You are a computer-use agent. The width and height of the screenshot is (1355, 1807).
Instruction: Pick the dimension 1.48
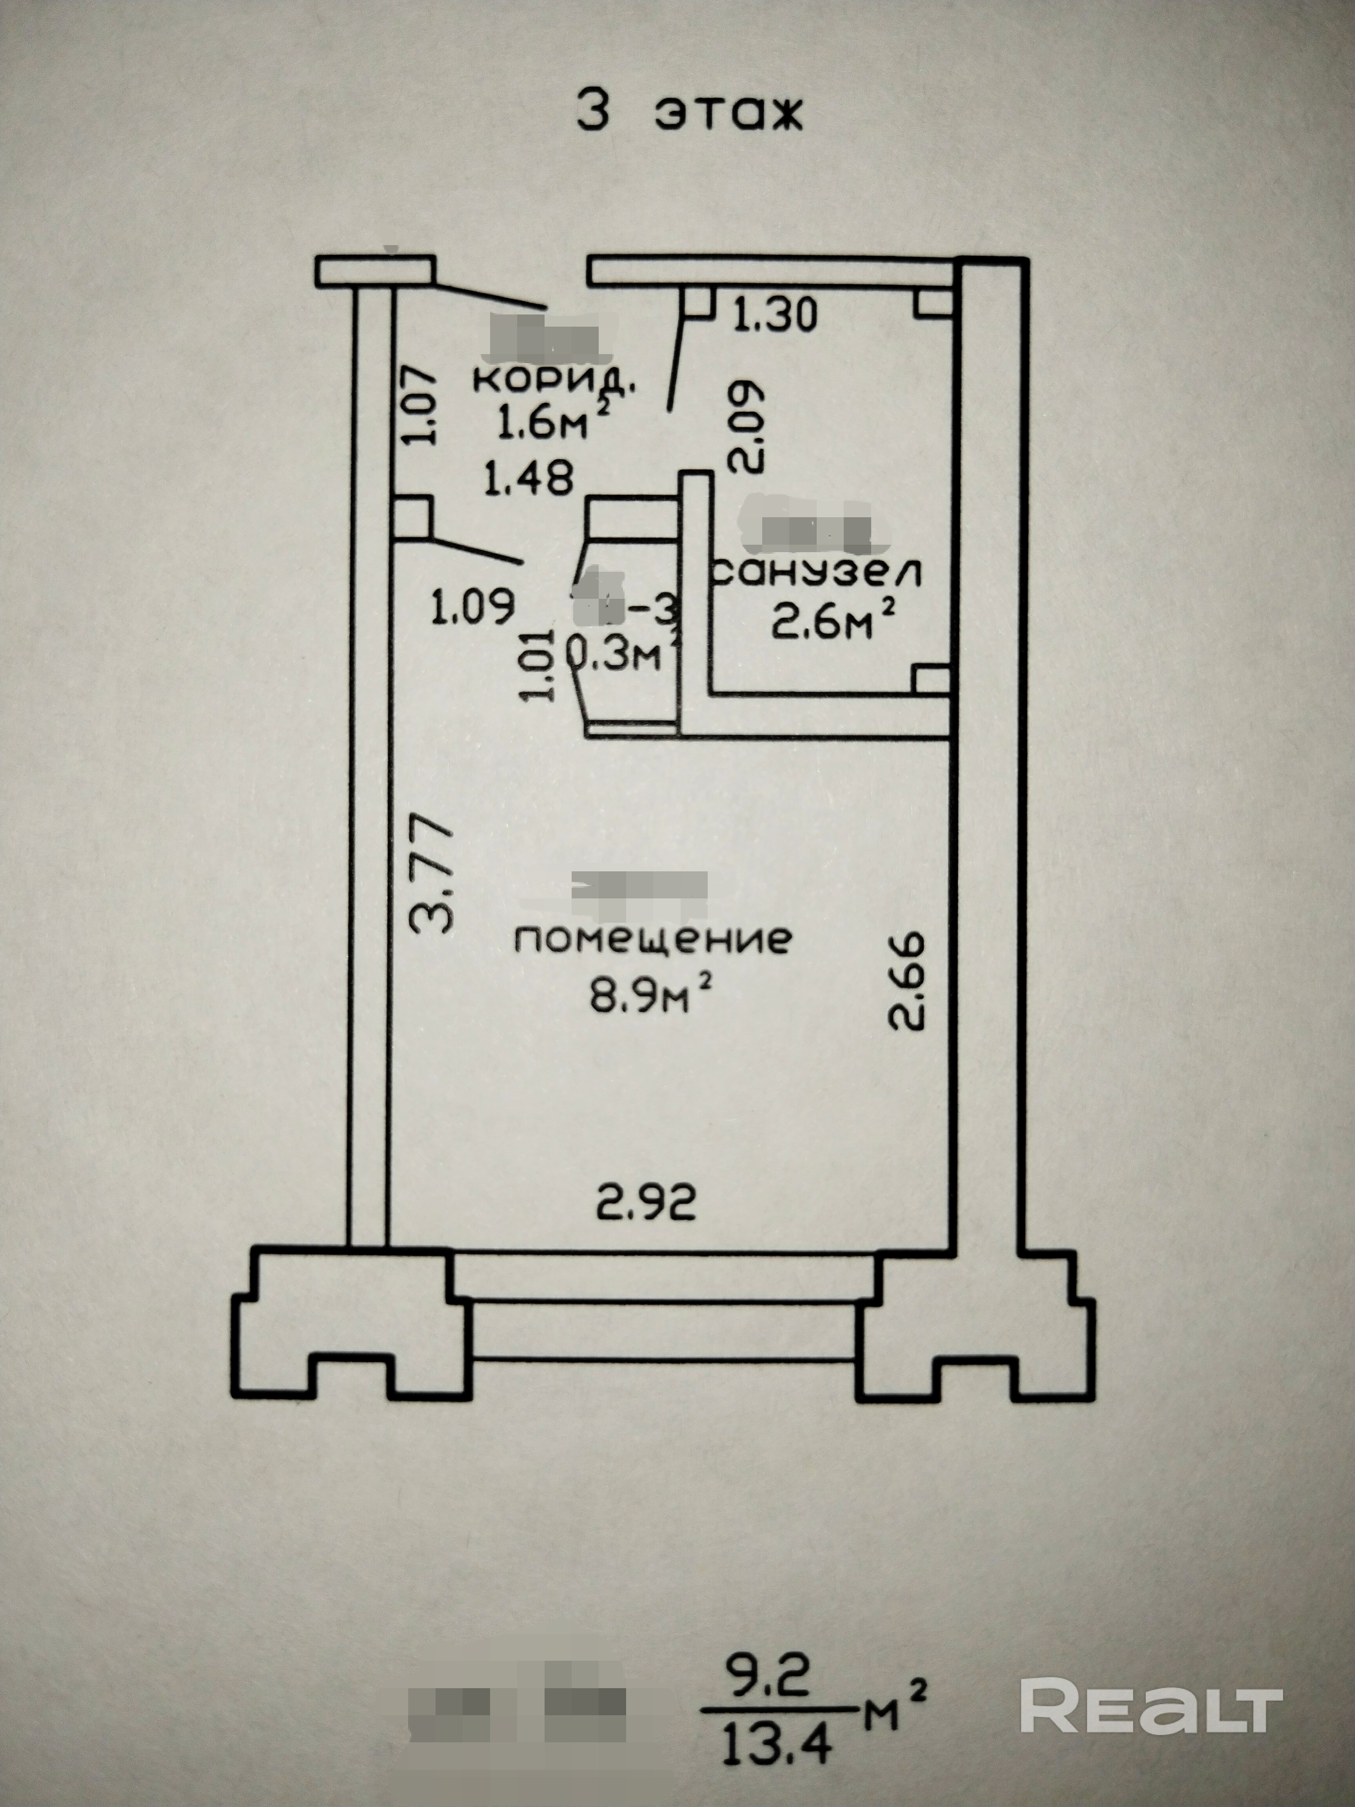click(x=529, y=478)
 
